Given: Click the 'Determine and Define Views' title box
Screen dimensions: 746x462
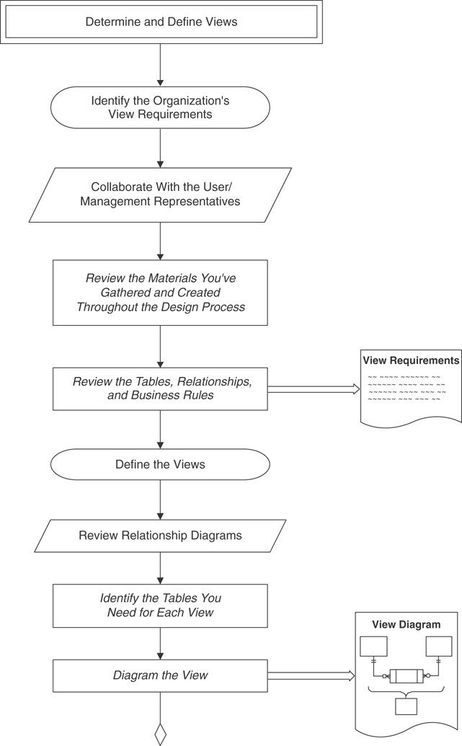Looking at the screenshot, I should tap(161, 22).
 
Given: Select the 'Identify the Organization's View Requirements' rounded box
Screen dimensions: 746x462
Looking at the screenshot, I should tap(160, 107).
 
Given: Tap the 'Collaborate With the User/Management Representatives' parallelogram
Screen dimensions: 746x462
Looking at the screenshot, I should tap(160, 195).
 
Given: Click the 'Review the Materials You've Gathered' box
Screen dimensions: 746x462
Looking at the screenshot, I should tap(160, 293).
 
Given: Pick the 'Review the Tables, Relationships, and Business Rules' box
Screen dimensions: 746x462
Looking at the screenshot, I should tap(160, 388).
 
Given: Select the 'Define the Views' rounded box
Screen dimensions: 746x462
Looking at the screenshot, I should tap(160, 465).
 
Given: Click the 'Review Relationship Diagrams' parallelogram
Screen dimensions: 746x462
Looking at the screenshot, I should tap(160, 536).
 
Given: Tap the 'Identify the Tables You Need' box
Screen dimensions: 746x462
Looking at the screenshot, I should tap(160, 605).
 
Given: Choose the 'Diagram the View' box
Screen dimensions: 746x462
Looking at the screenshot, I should tap(160, 675).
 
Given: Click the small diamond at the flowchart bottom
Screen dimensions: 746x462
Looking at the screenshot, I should tap(160, 734).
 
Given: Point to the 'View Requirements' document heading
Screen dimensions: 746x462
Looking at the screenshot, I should tap(411, 360).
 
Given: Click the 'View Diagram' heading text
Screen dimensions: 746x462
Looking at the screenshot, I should tap(406, 625).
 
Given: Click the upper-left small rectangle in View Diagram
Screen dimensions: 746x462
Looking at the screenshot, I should tap(373, 646).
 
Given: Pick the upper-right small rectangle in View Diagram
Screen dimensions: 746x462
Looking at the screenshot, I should tap(438, 646).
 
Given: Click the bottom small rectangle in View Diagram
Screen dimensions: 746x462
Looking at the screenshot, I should tap(406, 706).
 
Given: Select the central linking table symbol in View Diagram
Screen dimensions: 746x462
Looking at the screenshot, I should tap(406, 676).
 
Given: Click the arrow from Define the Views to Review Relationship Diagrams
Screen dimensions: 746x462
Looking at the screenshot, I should tap(160, 499).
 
